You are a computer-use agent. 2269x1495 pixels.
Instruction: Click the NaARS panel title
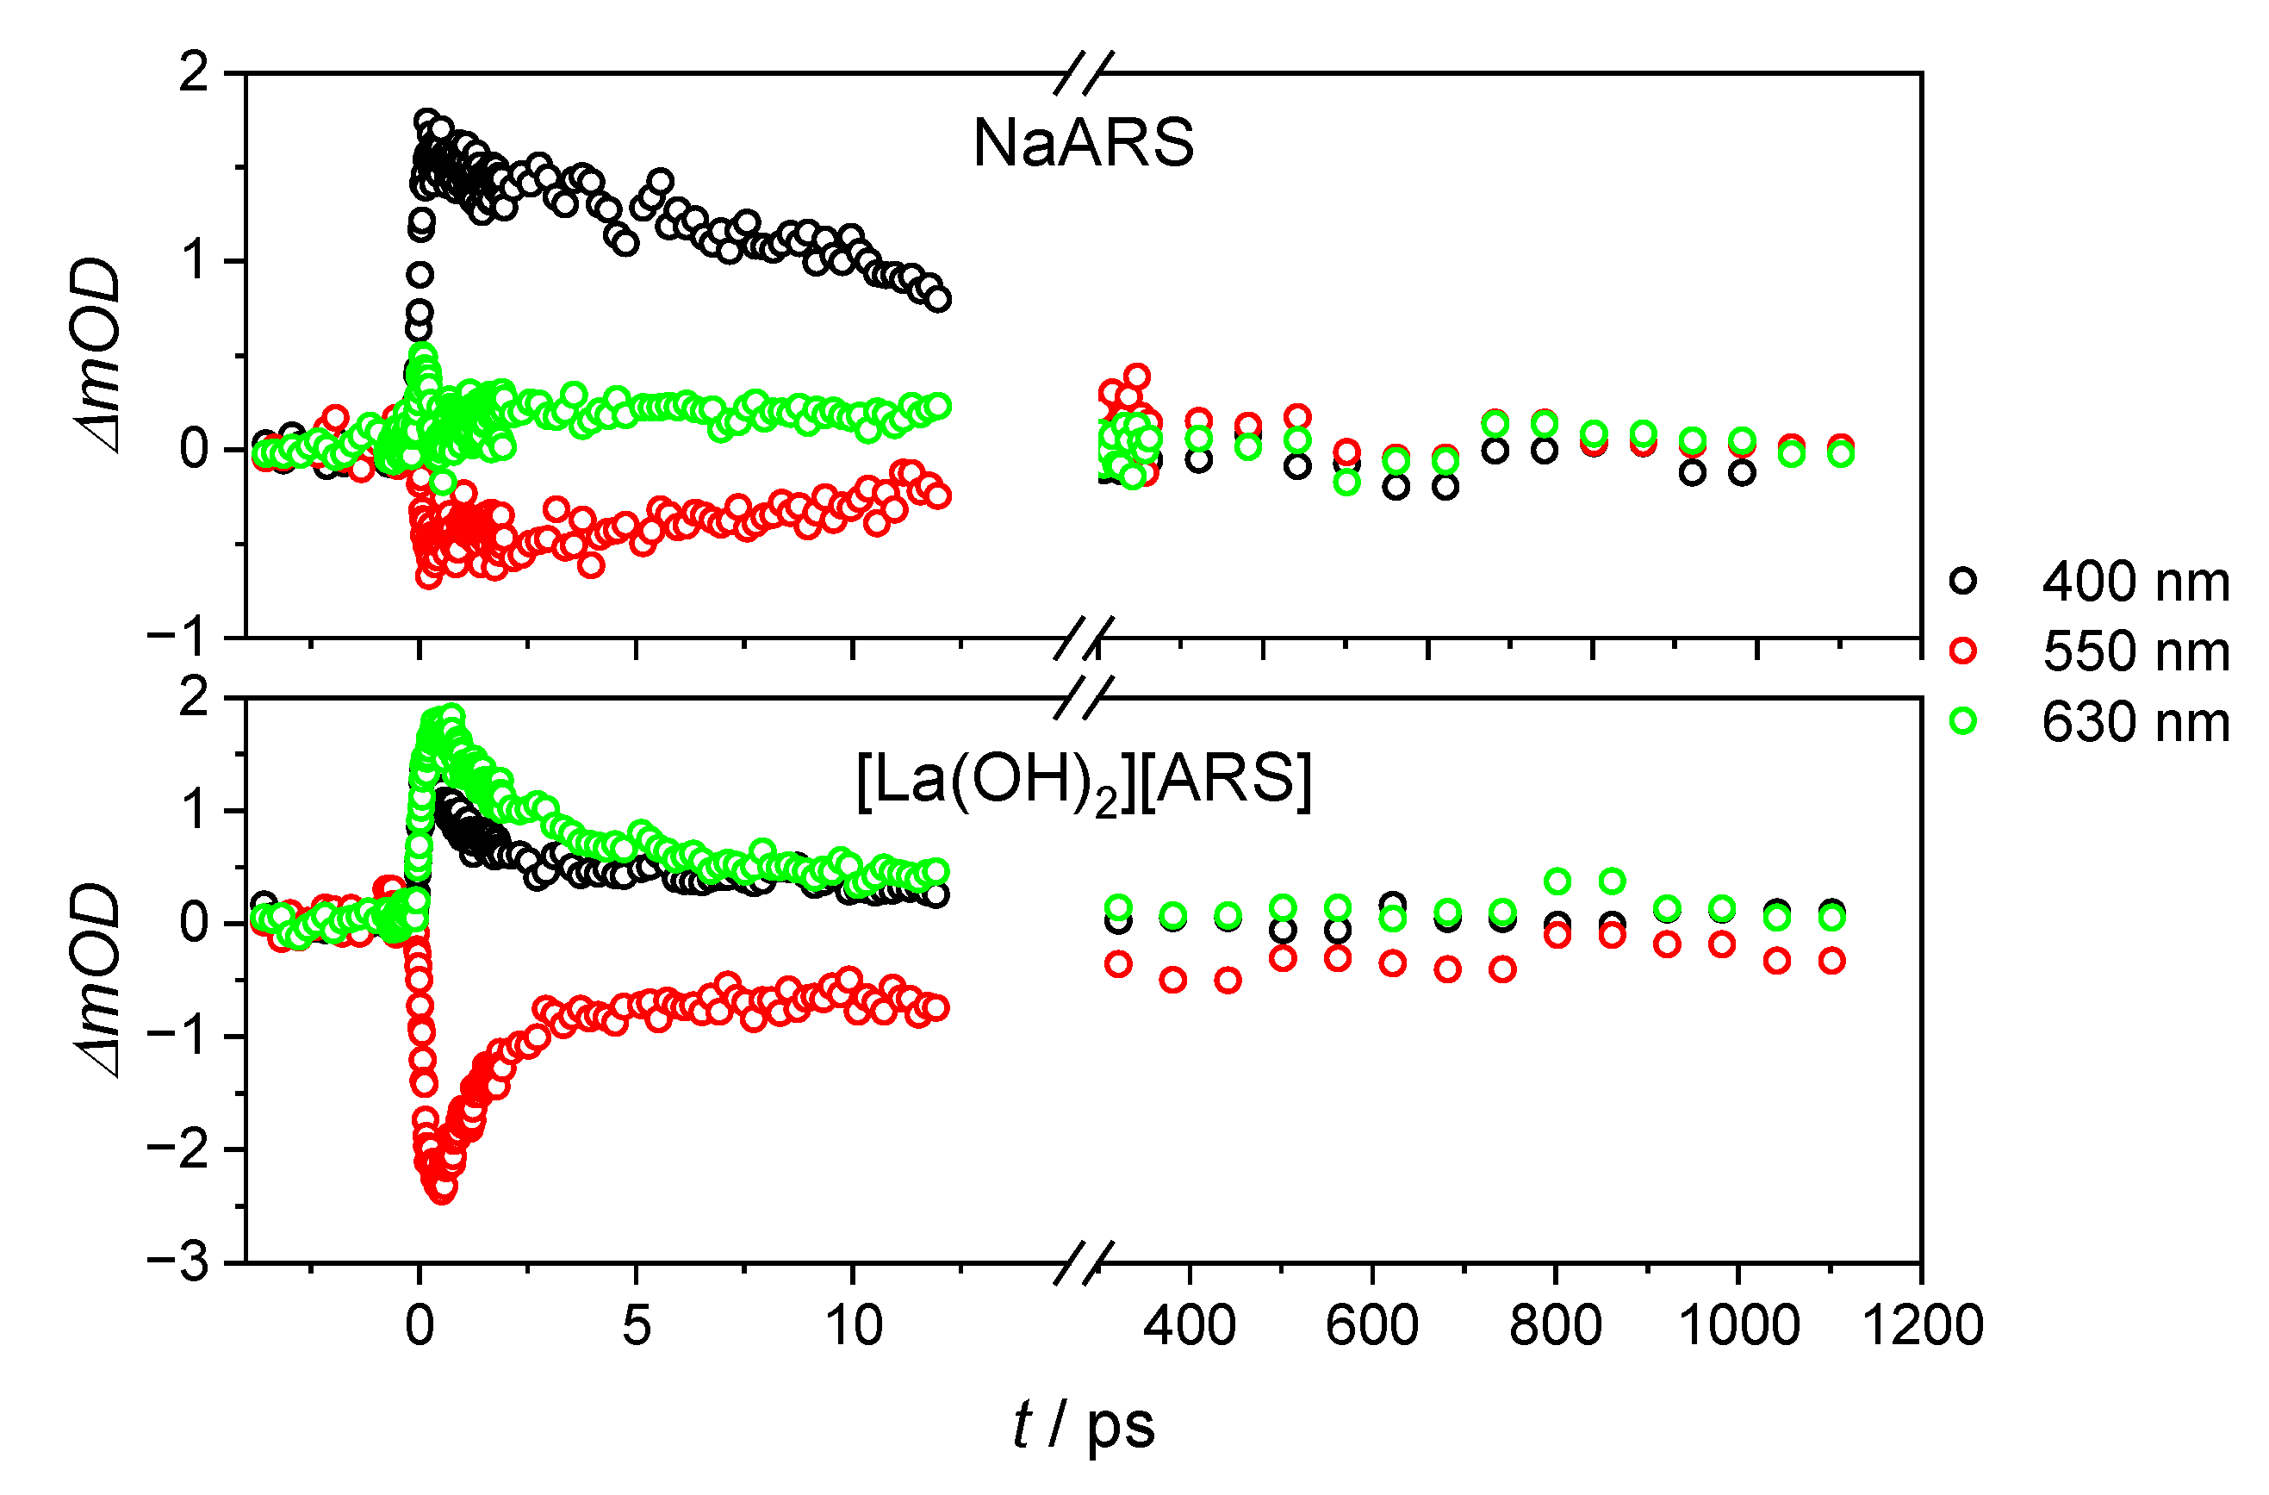pyautogui.click(x=1083, y=143)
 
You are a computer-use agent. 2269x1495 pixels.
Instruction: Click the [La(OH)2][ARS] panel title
pyautogui.click(x=1083, y=782)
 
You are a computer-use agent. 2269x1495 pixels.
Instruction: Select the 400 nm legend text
pyautogui.click(x=2135, y=582)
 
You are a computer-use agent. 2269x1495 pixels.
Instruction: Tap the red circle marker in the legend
pyautogui.click(x=1963, y=651)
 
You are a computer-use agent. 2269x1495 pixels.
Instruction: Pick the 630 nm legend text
pyautogui.click(x=2135, y=722)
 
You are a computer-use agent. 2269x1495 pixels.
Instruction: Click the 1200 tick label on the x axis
pyautogui.click(x=1922, y=1325)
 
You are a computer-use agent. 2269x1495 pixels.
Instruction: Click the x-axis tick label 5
pyautogui.click(x=636, y=1325)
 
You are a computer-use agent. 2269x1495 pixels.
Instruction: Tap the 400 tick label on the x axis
pyautogui.click(x=1189, y=1325)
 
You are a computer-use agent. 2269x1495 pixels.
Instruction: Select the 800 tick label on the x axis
pyautogui.click(x=1555, y=1325)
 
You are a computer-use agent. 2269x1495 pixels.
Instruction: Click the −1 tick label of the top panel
pyautogui.click(x=178, y=637)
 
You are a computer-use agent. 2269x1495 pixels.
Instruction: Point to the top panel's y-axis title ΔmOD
pyautogui.click(x=98, y=355)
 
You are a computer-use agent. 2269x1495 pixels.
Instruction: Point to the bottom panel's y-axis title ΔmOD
pyautogui.click(x=98, y=979)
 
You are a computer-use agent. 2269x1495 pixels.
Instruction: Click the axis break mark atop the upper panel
pyautogui.click(x=1084, y=73)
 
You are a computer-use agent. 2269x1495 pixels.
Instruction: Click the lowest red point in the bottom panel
pyautogui.click(x=444, y=1190)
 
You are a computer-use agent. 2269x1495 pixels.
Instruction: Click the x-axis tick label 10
pyautogui.click(x=852, y=1325)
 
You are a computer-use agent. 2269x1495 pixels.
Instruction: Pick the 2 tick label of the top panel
pyautogui.click(x=194, y=73)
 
